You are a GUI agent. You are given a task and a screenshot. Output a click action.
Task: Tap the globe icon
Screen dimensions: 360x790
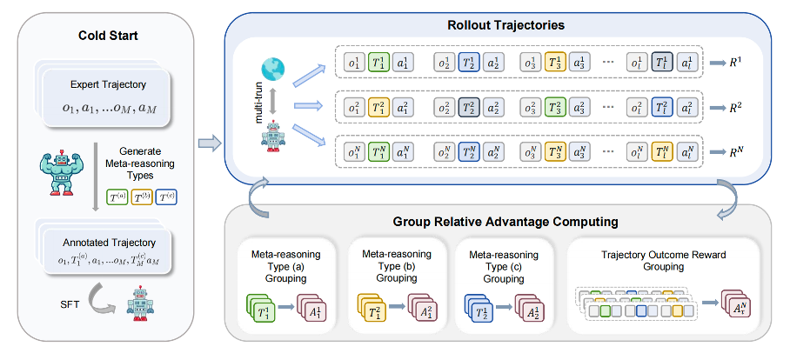pyautogui.click(x=272, y=68)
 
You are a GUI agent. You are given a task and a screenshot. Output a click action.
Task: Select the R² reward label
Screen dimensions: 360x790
pyautogui.click(x=734, y=106)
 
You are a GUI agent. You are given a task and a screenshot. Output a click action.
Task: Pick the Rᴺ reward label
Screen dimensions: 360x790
pyautogui.click(x=734, y=150)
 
